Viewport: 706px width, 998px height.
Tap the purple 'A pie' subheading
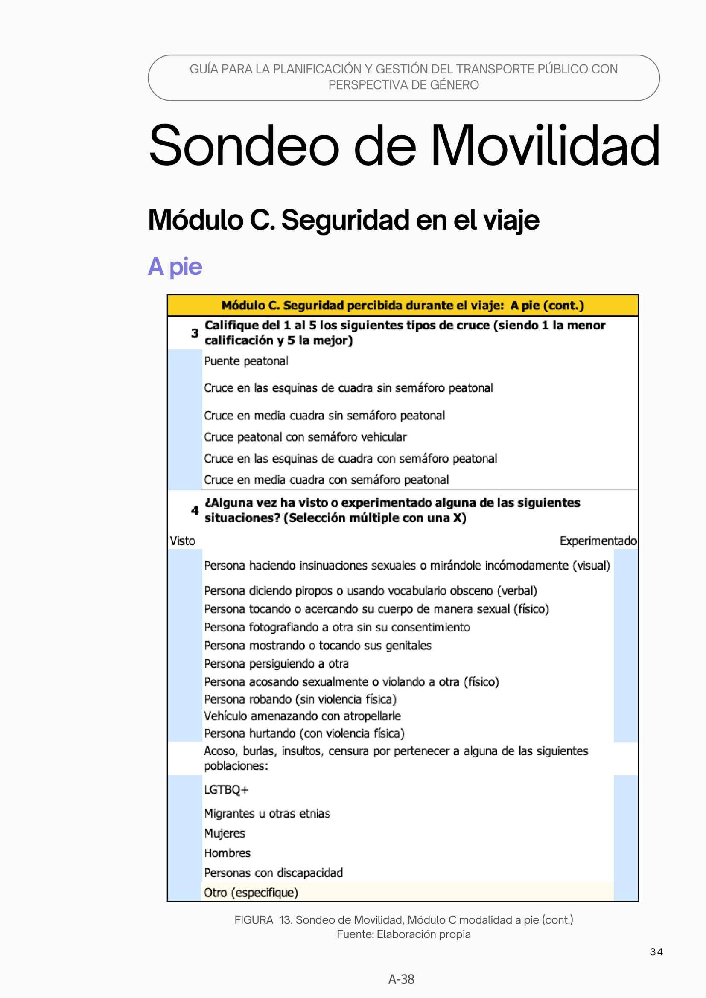175,266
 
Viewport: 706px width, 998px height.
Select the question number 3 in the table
195,333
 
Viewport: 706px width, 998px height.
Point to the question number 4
195,510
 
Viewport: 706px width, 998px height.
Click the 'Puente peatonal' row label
246,361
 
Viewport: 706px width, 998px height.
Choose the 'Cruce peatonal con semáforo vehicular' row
305,437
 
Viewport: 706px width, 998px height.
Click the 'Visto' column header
183,541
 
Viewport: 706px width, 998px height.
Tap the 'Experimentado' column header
598,541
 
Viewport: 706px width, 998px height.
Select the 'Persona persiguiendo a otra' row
277,664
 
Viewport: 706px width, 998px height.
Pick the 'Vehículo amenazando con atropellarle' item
303,716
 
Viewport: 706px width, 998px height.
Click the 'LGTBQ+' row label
227,790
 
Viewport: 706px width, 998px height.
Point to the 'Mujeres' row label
225,833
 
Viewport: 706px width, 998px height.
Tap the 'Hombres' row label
228,853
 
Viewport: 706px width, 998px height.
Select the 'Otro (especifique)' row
251,892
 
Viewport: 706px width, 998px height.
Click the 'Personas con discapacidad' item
274,873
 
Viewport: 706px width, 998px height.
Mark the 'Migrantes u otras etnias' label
267,813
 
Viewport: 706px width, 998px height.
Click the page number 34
656,952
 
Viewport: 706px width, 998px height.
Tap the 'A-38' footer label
401,979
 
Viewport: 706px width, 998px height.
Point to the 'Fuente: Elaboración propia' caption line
404,934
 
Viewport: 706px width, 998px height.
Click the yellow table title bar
403,306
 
